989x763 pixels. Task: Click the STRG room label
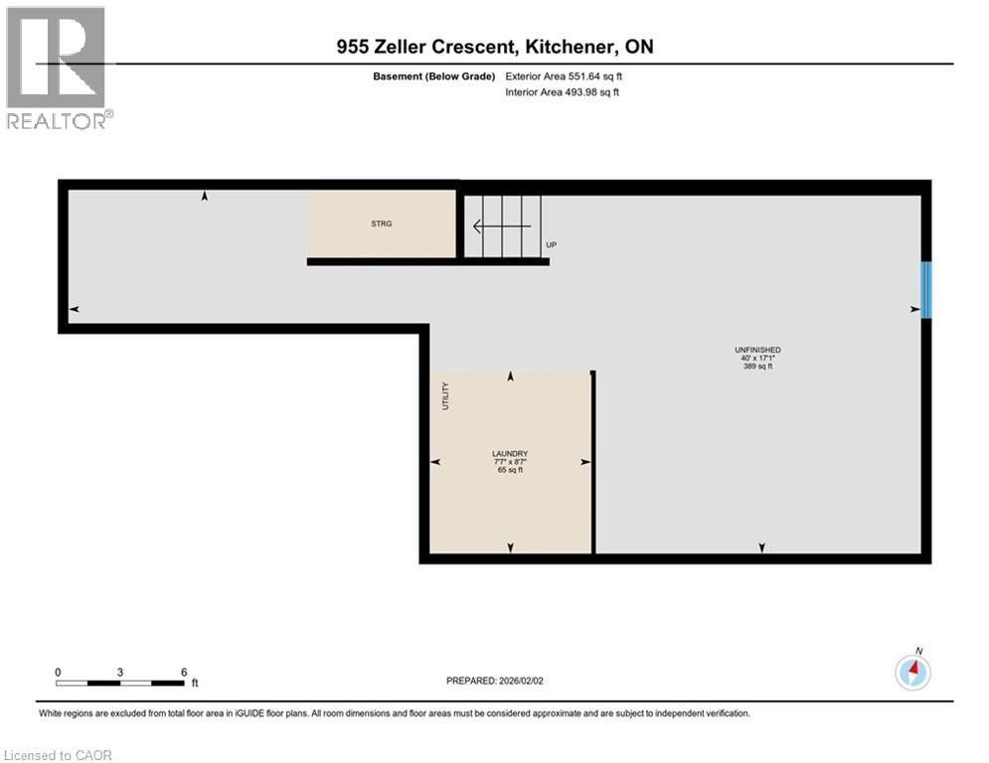pos(381,224)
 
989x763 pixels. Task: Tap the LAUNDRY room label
pos(510,454)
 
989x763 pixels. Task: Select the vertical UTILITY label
pos(446,395)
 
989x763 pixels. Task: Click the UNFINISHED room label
pos(757,350)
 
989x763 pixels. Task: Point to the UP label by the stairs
pos(551,244)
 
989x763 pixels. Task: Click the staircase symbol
pos(507,226)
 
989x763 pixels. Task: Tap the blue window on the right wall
pos(926,290)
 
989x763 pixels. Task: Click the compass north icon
pos(911,673)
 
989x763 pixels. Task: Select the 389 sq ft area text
pos(757,367)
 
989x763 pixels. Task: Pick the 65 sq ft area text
pos(510,470)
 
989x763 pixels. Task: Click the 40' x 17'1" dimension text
pos(757,359)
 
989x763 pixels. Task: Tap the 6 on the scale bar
pos(184,672)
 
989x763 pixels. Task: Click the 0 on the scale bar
pos(58,672)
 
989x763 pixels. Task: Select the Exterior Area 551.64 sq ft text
pos(565,76)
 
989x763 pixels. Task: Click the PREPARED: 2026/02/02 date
pos(494,681)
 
